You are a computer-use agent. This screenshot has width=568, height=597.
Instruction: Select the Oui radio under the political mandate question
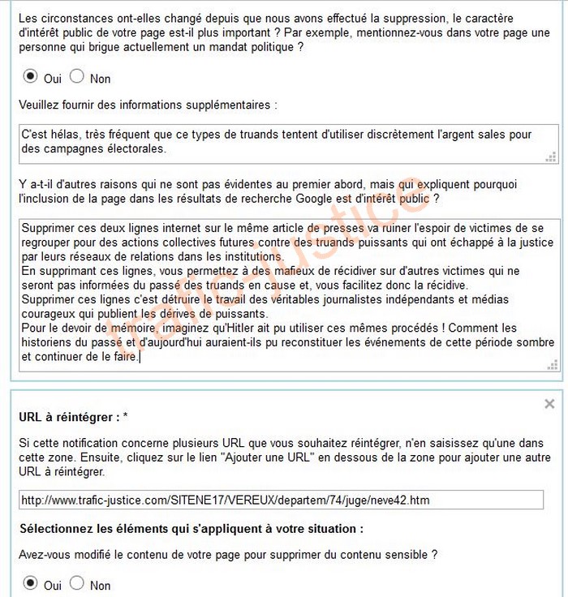coord(31,77)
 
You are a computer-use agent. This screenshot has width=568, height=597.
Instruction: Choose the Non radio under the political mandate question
coord(77,77)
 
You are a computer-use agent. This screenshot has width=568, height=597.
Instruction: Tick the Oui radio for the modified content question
coord(31,583)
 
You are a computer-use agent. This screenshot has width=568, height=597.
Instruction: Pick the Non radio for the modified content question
coord(77,583)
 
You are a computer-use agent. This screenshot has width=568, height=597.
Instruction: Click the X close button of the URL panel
coord(550,403)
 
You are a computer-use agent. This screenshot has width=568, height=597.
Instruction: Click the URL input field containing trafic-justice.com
coord(281,500)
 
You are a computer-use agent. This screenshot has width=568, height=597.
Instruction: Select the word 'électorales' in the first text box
coord(139,148)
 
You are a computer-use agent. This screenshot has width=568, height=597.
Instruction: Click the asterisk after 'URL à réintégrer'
coord(126,417)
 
